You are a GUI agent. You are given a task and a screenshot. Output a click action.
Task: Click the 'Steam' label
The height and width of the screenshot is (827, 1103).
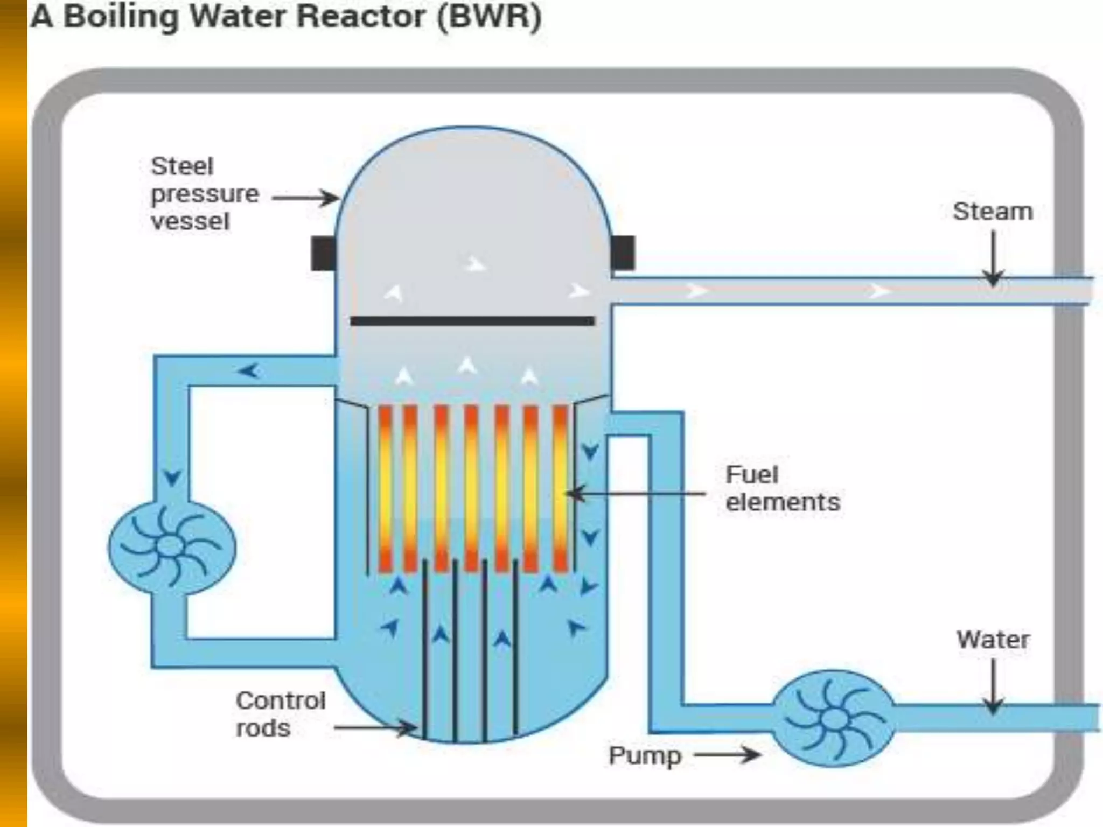coord(993,212)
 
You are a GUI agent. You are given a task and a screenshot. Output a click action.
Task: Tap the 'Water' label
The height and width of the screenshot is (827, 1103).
coord(993,640)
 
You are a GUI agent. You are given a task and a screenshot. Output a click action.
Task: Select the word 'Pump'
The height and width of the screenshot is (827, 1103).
coord(645,755)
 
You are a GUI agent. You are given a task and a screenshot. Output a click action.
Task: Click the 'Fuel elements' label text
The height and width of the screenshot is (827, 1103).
coord(781,488)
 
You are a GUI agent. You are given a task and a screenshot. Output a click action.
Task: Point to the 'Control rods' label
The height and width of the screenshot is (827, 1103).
coord(281,714)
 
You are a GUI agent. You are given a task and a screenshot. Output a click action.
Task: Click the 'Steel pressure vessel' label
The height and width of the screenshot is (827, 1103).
coord(204,194)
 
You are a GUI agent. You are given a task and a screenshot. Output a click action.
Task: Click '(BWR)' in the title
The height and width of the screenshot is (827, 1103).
coord(489,17)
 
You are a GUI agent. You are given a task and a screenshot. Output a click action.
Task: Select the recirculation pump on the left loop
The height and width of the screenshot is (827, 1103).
coord(172,546)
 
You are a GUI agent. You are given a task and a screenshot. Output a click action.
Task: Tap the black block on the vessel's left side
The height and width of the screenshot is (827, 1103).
coord(323,253)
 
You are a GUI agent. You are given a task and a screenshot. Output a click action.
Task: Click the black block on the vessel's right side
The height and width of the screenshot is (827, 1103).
coord(623,253)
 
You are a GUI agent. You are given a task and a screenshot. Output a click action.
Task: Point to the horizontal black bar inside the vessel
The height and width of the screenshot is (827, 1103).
coord(472,321)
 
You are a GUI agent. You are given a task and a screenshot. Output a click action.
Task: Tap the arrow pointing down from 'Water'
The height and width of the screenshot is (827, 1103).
coord(993,686)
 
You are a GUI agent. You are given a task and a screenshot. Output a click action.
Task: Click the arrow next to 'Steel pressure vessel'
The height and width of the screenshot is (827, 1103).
coord(305,198)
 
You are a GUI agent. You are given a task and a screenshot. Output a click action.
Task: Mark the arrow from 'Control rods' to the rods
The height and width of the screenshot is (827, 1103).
coord(375,728)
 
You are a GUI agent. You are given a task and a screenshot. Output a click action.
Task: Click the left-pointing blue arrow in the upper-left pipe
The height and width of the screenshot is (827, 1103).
coord(249,370)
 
